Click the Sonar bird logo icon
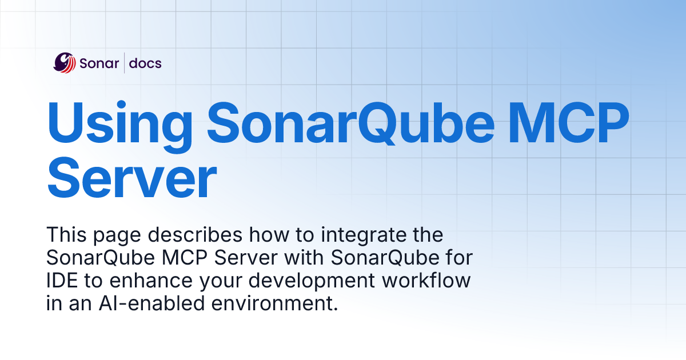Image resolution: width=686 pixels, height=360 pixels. (x=64, y=63)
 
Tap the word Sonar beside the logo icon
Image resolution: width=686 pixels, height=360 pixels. (x=99, y=63)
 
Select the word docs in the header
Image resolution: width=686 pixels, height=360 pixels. (x=145, y=63)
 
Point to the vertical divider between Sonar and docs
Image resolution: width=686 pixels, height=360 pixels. (x=124, y=63)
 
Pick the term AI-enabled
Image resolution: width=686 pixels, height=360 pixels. (x=151, y=303)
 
